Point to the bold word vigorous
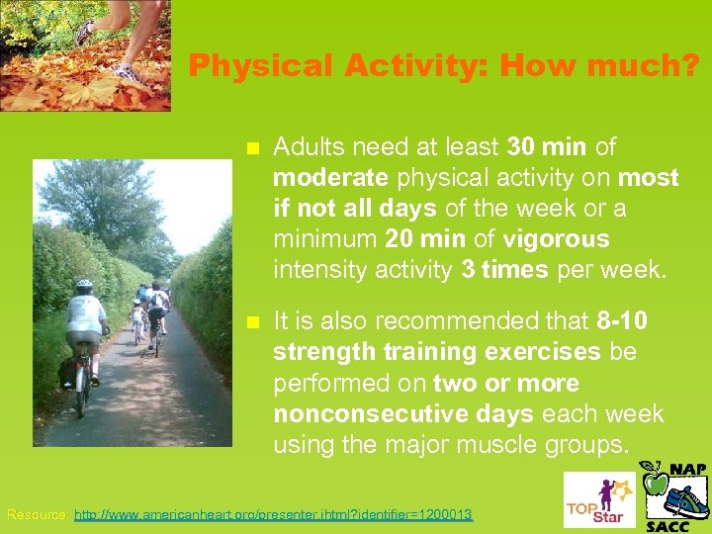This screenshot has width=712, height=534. pos(556,239)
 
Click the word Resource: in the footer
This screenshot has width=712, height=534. pos(39,515)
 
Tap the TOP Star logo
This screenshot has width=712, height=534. pos(592,500)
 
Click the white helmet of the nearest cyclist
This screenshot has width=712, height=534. pos(84,285)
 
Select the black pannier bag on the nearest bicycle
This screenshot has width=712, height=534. pos(68,371)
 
